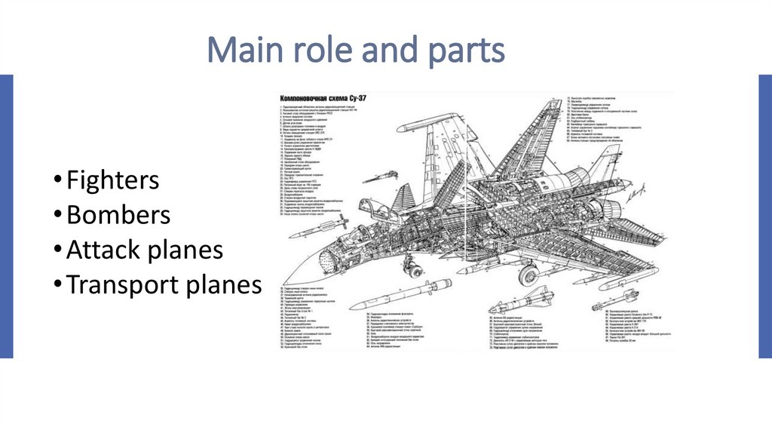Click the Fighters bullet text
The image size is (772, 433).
coord(112,181)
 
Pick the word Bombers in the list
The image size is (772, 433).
coord(118,216)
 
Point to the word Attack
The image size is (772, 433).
coord(105,250)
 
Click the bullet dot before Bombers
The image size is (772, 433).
coord(59,216)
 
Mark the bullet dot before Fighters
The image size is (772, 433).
coord(59,182)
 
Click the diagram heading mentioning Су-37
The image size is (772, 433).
coord(323,98)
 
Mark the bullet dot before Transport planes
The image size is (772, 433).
coord(59,286)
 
